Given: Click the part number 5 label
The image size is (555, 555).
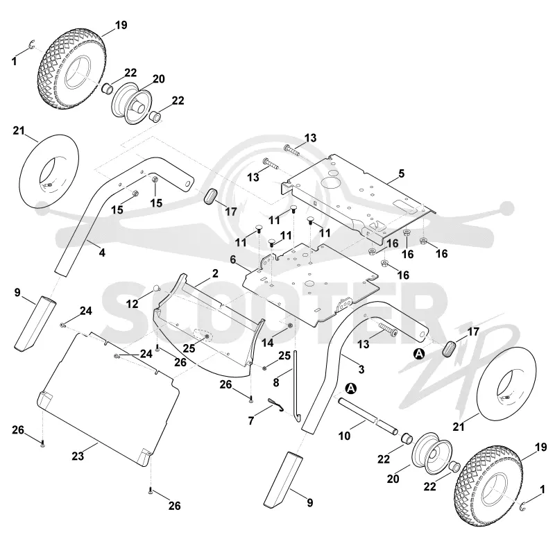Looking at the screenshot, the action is tap(401, 174).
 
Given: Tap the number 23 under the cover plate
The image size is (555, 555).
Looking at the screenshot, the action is tap(78, 456).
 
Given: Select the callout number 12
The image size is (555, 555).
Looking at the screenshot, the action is tap(132, 304).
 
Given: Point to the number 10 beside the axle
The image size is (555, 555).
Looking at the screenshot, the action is tap(344, 436).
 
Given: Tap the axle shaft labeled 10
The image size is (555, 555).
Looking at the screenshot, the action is tap(368, 416).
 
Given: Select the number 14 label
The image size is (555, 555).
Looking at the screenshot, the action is tap(268, 343).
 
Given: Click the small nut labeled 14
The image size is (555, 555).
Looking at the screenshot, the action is tap(290, 325).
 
